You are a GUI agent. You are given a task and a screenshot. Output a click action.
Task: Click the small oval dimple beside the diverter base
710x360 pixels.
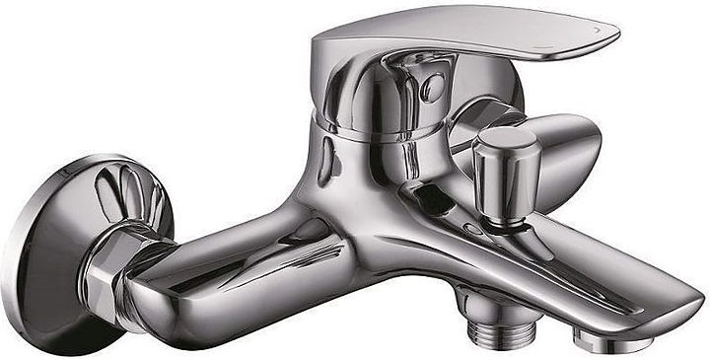tap(474, 229)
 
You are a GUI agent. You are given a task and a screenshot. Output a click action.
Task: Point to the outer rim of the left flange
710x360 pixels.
tap(20, 266)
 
